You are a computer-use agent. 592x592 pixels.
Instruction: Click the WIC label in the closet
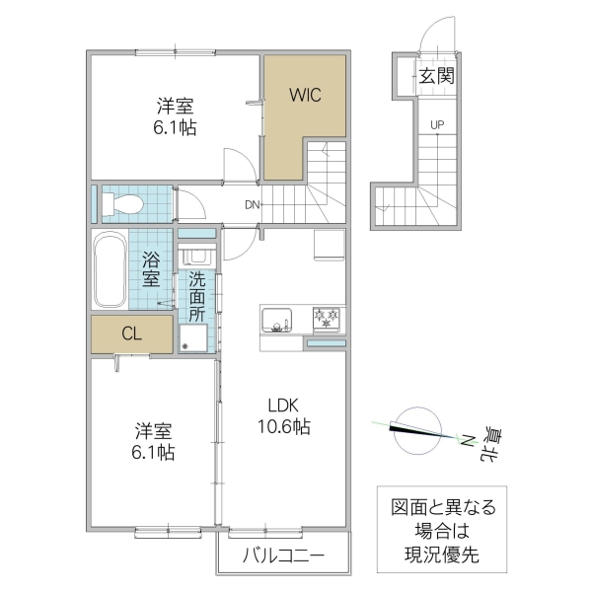pyautogui.click(x=304, y=96)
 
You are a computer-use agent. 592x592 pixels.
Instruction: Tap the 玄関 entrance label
pyautogui.click(x=435, y=76)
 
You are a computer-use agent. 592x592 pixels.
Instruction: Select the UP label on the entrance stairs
pyautogui.click(x=435, y=124)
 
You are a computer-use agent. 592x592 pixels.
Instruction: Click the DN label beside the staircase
pyautogui.click(x=254, y=205)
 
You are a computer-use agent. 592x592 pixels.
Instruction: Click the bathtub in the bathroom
pyautogui.click(x=110, y=270)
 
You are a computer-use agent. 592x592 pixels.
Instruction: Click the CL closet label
pyautogui.click(x=131, y=333)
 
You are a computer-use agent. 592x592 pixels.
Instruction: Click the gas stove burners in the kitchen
pyautogui.click(x=328, y=320)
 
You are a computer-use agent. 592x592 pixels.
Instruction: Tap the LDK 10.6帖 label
pyautogui.click(x=285, y=416)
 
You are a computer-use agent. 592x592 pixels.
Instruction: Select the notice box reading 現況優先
pyautogui.click(x=439, y=531)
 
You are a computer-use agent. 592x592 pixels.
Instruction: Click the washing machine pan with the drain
pyautogui.click(x=194, y=338)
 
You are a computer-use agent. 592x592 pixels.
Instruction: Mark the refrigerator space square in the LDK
pyautogui.click(x=329, y=244)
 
